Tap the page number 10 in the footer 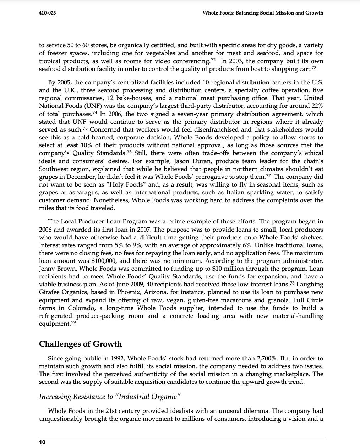(x=42, y=442)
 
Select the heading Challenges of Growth (x=80, y=344)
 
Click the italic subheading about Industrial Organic (x=108, y=396)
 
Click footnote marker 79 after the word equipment (x=73, y=322)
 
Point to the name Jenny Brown (x=55, y=269)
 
